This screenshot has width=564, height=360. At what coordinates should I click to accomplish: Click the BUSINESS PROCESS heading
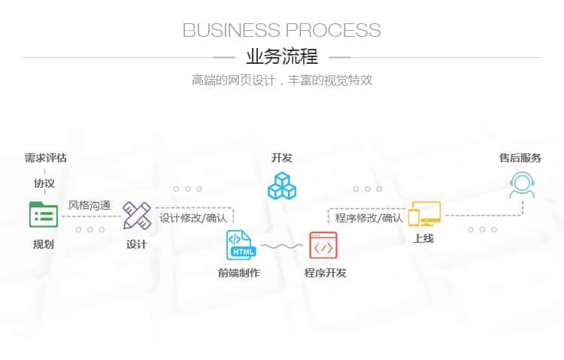click(x=282, y=30)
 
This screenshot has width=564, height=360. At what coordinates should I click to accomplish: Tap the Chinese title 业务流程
click(x=282, y=56)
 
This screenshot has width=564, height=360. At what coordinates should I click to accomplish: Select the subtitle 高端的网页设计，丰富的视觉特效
click(x=282, y=80)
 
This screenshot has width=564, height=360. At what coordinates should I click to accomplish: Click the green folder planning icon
click(x=44, y=215)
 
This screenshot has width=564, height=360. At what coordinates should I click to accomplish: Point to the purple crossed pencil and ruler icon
click(x=137, y=215)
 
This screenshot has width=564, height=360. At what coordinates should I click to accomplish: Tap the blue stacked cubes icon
click(x=282, y=186)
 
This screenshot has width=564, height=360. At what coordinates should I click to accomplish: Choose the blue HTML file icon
click(x=241, y=245)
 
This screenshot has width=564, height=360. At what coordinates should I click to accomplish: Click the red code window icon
click(x=323, y=245)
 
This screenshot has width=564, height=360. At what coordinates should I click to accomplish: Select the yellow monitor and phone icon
click(x=424, y=213)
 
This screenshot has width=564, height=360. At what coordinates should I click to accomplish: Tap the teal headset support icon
click(x=522, y=185)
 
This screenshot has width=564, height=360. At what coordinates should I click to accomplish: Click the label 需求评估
click(x=46, y=158)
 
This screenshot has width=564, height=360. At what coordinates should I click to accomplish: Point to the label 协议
click(x=44, y=183)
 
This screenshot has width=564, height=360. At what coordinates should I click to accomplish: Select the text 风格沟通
click(x=89, y=205)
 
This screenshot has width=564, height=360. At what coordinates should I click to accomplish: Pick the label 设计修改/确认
click(x=193, y=218)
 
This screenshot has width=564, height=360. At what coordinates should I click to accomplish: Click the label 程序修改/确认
click(x=369, y=218)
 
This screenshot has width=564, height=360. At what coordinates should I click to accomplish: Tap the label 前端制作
click(x=239, y=273)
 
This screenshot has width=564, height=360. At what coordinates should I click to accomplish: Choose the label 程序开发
click(x=326, y=273)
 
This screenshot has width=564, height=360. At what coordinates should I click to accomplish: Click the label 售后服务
click(x=520, y=158)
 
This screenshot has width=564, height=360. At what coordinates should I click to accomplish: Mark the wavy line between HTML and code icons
click(x=282, y=247)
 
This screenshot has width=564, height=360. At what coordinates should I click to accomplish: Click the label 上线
click(x=423, y=238)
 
